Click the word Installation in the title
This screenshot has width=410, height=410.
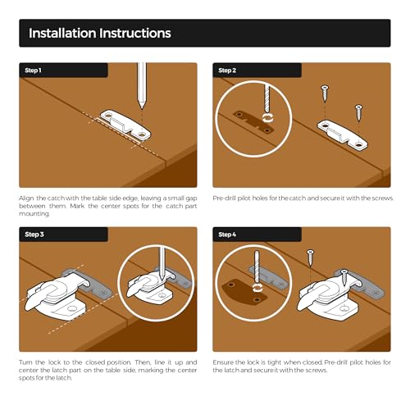(62, 33)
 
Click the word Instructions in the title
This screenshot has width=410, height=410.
(135, 33)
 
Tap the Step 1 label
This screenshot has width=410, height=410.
(33, 71)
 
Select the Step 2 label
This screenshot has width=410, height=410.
(227, 71)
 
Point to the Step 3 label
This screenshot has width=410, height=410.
(34, 235)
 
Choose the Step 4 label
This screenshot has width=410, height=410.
(227, 235)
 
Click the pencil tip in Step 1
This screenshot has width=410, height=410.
(142, 108)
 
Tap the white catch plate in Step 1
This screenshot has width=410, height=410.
(125, 125)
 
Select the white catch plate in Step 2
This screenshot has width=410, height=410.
(342, 135)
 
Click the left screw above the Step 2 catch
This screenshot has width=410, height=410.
(325, 93)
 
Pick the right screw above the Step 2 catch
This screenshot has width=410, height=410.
(358, 112)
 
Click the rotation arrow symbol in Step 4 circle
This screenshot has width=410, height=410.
(257, 288)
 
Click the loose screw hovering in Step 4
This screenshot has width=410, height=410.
(310, 257)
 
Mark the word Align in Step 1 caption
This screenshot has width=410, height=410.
(26, 198)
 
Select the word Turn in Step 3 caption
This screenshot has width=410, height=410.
(25, 362)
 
